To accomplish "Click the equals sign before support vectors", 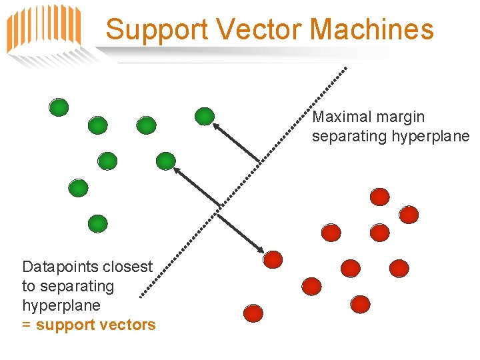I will [x=27, y=325].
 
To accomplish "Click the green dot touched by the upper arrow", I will [x=204, y=117].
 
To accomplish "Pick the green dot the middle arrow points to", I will [x=165, y=161].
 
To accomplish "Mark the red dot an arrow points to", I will [x=273, y=259].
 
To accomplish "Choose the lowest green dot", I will [x=97, y=223].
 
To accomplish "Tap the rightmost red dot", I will [x=409, y=215].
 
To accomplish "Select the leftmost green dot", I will [x=59, y=107].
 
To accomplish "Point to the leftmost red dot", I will [x=252, y=312].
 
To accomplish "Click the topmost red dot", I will [x=379, y=196].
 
